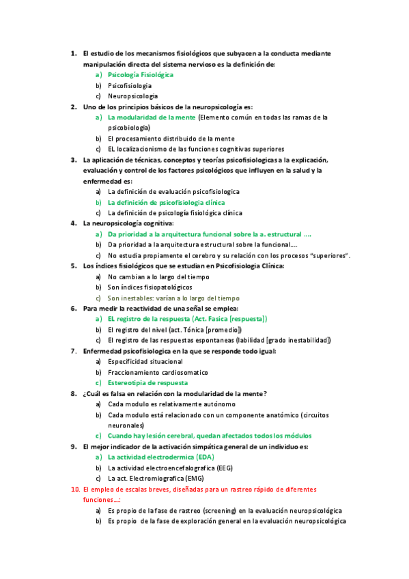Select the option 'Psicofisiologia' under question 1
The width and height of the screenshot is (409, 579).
(x=130, y=85)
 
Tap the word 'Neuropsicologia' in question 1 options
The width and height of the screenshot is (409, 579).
(x=132, y=96)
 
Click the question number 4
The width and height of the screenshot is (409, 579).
(x=73, y=223)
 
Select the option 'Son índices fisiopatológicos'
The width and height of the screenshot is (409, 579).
(x=150, y=287)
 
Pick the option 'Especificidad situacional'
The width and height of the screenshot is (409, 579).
(x=145, y=361)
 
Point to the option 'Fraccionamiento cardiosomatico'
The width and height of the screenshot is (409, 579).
(x=158, y=372)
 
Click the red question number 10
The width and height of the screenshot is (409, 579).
(x=75, y=490)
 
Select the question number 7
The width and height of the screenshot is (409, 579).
(x=73, y=351)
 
